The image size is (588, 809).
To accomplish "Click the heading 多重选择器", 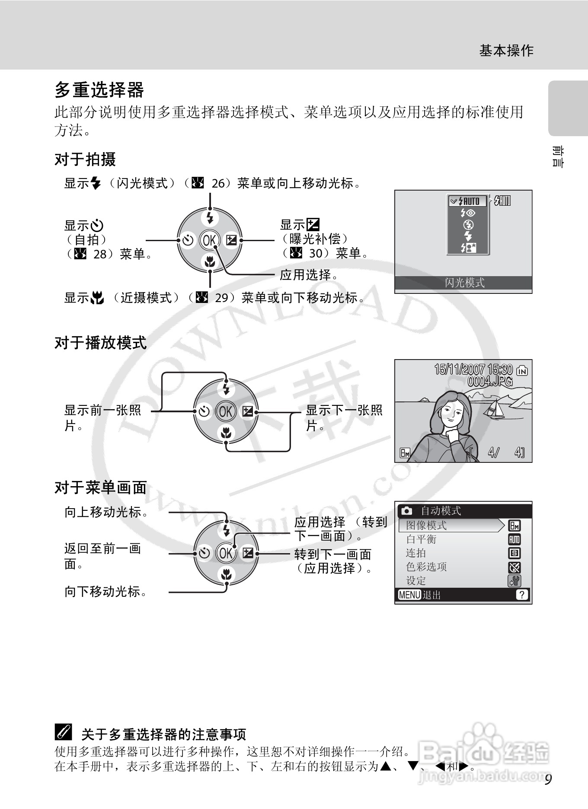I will pos(99,90).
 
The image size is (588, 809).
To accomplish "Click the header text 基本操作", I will pos(506,51).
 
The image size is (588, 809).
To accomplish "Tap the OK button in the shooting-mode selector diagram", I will pos(210,240).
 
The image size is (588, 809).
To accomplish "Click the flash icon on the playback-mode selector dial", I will pos(226,389).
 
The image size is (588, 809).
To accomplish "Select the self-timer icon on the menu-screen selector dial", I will pos(204,553).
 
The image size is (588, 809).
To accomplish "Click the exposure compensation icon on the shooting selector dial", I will pos(231,240).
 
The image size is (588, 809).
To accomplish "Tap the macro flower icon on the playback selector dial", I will pos(226,432).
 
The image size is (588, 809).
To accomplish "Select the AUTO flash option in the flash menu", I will pos(467,201).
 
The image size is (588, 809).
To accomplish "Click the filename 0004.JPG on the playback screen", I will pos(489,382).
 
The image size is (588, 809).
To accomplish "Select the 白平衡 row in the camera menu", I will pos(421,539).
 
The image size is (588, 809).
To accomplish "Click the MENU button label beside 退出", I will pos(409,595).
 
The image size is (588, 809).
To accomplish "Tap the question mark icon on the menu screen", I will pos(522,595).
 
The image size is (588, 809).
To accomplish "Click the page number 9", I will pos(548,780).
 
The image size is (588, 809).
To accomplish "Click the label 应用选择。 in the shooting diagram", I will pos(308,275).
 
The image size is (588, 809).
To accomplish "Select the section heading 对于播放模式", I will pos(100,343).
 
